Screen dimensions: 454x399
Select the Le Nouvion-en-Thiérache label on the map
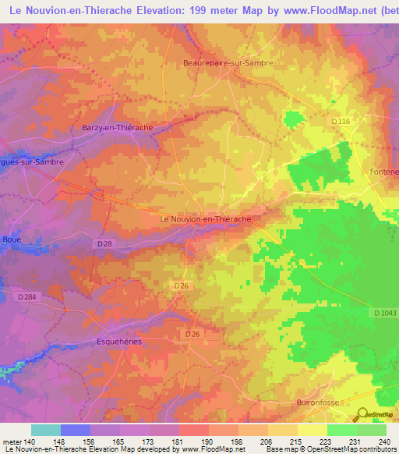pos(205,220)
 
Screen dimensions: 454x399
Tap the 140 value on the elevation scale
pos(30,441)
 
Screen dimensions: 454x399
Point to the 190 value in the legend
pos(208,441)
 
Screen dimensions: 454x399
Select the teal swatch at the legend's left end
pos(46,430)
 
